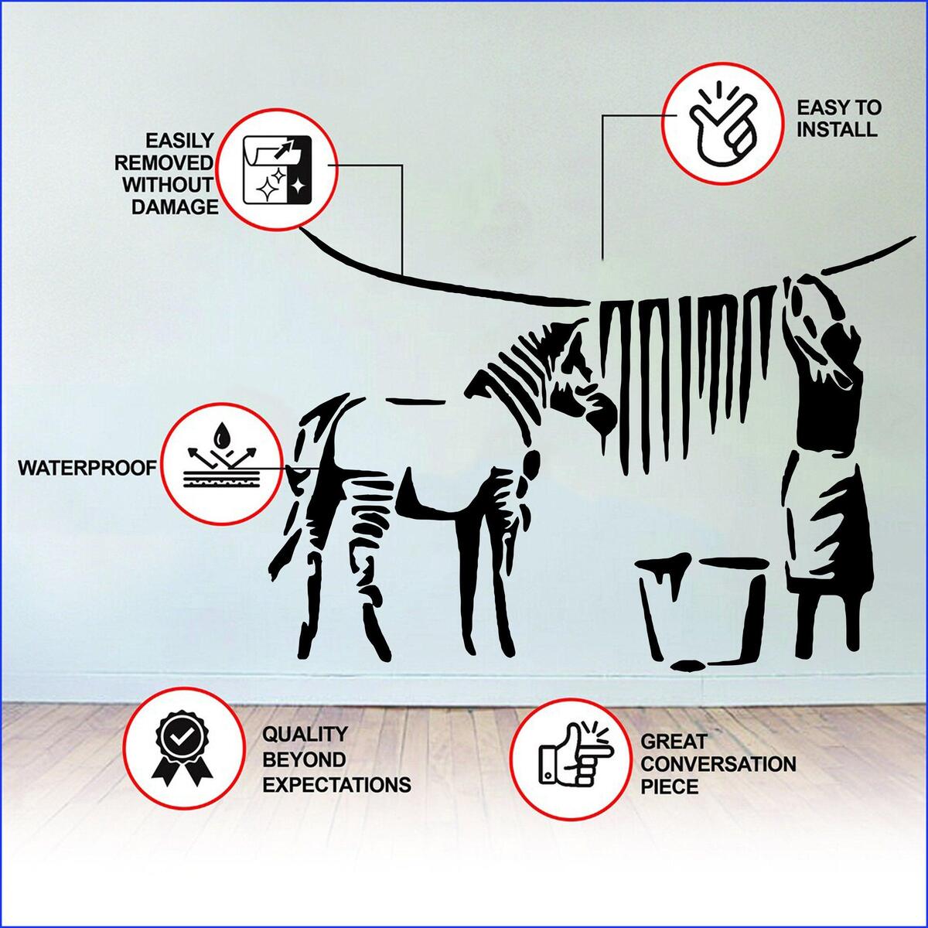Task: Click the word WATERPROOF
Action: tap(87, 468)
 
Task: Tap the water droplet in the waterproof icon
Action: tap(222, 435)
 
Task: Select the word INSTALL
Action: tap(837, 130)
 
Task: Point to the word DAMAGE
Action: tap(175, 206)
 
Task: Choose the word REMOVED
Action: tap(164, 162)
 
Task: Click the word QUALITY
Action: tap(305, 735)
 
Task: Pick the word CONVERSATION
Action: tap(718, 764)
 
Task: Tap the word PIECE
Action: tap(670, 787)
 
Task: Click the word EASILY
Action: tap(179, 141)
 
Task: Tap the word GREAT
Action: tap(674, 742)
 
